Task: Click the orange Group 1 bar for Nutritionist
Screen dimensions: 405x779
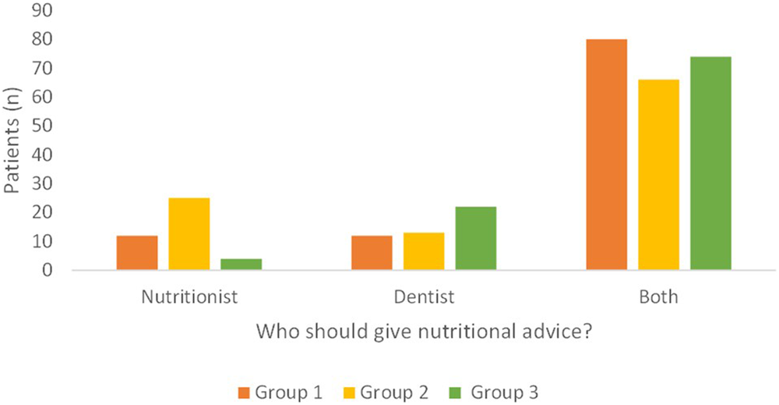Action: click(137, 253)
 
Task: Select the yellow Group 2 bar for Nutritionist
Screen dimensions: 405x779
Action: click(189, 234)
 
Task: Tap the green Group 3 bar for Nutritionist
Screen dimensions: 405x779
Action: click(241, 265)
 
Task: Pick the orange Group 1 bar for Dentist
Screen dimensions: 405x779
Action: click(372, 253)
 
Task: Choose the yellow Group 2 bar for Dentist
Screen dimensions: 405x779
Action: click(424, 251)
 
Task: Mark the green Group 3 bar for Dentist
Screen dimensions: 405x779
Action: click(476, 239)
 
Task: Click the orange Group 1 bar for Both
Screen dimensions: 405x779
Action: click(606, 155)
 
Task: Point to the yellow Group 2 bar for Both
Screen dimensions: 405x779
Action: click(658, 175)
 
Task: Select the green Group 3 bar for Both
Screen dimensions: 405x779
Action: click(710, 163)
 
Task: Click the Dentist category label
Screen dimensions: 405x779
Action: click(424, 297)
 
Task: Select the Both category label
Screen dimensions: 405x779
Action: click(660, 297)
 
